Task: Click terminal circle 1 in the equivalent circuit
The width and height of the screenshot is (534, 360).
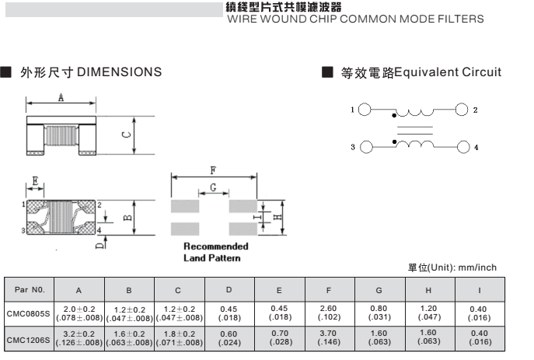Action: coord(365,110)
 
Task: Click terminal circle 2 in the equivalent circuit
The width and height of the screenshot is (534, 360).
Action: coord(462,110)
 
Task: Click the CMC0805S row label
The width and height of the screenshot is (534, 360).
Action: coord(28,314)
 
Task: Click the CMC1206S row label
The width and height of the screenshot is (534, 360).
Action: coord(28,340)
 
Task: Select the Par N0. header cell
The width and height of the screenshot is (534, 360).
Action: coord(28,290)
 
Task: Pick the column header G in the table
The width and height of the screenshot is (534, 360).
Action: coord(379,290)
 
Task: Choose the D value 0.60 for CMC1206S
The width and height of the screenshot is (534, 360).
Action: coord(229,335)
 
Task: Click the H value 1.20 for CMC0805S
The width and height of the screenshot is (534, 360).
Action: coord(429,309)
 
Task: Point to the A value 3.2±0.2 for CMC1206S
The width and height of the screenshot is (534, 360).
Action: coord(79,335)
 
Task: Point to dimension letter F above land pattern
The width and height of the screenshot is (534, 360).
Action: coord(213,170)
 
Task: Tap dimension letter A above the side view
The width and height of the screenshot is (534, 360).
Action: coord(61,97)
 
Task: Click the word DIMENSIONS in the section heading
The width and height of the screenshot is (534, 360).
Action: coord(119,72)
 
